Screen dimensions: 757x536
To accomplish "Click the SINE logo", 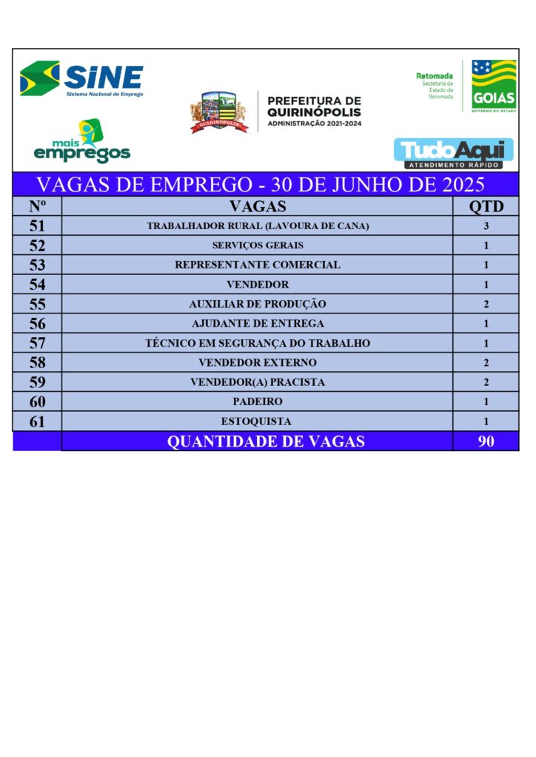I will point(81,79).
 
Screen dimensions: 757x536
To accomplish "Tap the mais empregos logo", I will point(82,143).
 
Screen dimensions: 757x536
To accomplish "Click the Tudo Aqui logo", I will point(453,152).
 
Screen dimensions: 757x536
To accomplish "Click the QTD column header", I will point(486,206).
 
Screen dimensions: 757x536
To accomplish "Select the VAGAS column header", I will point(257,206).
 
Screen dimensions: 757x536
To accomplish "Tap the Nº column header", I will point(37,206).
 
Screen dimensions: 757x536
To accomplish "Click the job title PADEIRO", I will point(257,402).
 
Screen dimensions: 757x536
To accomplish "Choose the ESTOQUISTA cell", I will point(257,422).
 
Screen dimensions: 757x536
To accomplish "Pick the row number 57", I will point(37,343).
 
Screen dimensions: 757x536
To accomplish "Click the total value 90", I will point(486,442).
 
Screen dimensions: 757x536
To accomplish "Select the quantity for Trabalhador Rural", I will point(486,226).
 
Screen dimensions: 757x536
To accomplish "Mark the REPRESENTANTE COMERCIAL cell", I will point(257,265).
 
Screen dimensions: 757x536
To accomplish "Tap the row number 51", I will point(37,226).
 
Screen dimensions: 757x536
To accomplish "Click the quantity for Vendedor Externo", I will point(486,363).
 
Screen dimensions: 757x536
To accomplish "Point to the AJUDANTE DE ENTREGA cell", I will point(257,324).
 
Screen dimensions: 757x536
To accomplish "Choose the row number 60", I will point(37,402).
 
